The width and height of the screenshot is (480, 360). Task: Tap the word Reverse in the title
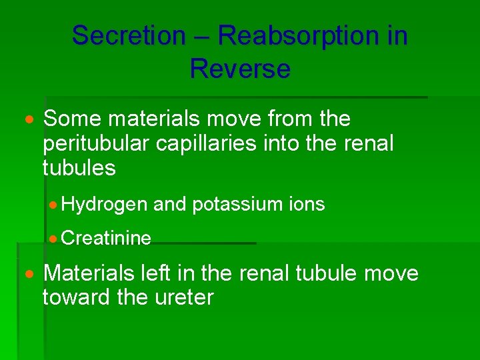coord(240,69)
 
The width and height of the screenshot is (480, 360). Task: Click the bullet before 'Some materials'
coord(29,120)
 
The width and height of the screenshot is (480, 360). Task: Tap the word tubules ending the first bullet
coord(79,168)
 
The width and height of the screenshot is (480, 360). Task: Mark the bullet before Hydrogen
coord(55,205)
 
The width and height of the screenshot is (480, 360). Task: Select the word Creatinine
coord(107,238)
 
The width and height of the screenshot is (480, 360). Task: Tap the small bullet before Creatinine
coord(55,238)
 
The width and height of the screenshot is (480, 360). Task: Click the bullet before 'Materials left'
coord(29,274)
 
